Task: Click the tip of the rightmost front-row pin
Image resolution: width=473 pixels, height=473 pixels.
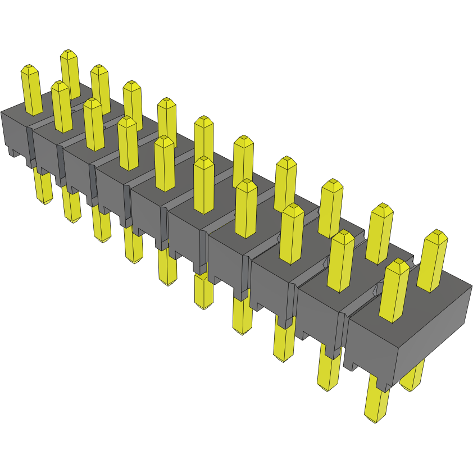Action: pos(398,265)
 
